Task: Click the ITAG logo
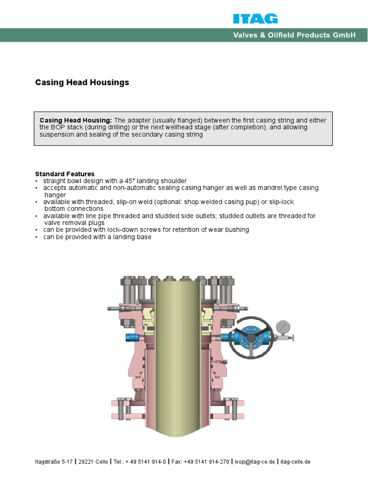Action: tap(255, 19)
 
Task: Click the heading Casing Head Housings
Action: tap(82, 82)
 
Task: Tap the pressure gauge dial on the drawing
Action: tap(283, 327)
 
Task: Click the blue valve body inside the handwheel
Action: tap(251, 337)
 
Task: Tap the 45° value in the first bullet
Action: tap(132, 181)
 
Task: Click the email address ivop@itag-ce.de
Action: tap(254, 462)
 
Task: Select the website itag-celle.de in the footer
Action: tap(296, 462)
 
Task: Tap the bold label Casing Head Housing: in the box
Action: tap(75, 120)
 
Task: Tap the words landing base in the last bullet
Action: tap(135, 237)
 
